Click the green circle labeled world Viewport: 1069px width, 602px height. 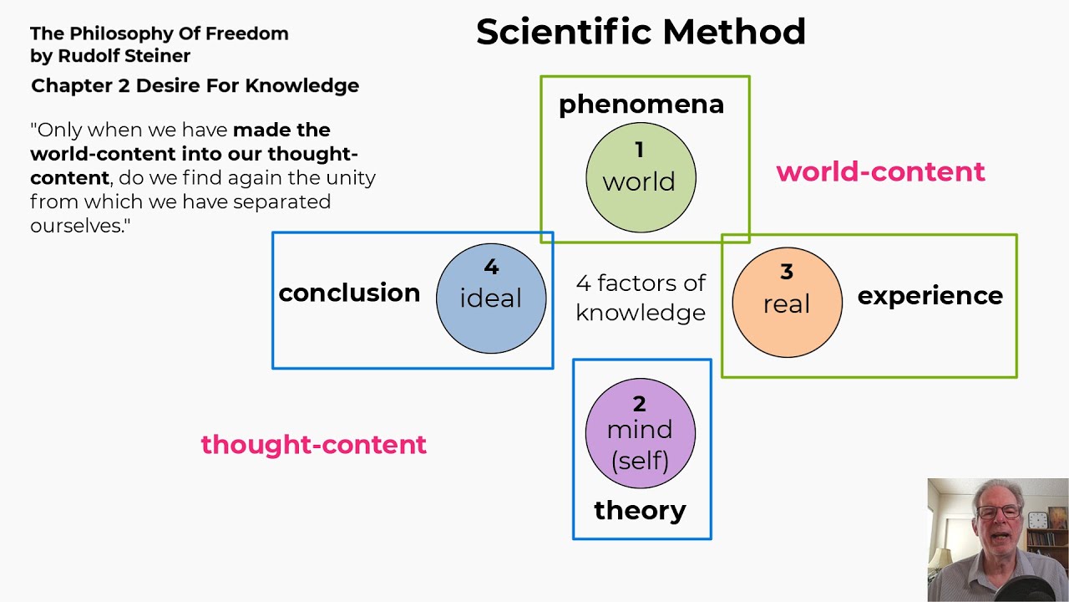[641, 178]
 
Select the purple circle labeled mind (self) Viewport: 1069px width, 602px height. [641, 433]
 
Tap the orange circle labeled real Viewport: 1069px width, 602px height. [787, 302]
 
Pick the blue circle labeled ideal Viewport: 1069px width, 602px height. [491, 298]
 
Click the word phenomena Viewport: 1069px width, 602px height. [641, 105]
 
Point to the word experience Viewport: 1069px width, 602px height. [930, 296]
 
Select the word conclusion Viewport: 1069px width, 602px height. [349, 293]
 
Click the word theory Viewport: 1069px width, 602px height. [640, 510]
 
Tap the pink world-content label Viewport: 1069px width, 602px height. [880, 171]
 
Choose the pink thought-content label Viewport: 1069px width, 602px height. [313, 444]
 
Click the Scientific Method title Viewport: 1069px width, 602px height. [641, 33]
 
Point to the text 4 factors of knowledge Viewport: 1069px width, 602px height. [641, 298]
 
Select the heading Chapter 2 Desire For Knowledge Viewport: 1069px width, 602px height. [195, 85]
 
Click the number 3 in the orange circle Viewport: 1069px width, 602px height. [787, 272]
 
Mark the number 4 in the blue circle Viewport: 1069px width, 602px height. [491, 268]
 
